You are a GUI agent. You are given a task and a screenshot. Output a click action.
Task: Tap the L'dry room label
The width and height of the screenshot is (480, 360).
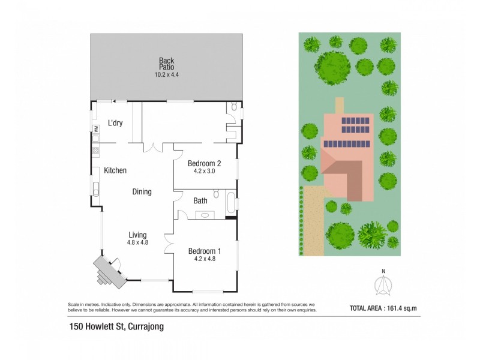115,123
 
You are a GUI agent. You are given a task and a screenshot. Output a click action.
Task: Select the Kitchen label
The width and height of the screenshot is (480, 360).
115,170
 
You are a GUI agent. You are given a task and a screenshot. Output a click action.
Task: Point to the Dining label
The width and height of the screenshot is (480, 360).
142,192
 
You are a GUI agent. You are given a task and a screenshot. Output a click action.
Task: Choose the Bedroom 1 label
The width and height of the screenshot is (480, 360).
205,251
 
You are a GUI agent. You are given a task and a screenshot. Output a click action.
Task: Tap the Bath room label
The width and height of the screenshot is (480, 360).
200,201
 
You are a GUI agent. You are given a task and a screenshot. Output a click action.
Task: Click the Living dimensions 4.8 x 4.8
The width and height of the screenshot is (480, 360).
137,242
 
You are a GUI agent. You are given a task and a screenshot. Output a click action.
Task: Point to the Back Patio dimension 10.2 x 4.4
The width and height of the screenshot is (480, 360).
166,75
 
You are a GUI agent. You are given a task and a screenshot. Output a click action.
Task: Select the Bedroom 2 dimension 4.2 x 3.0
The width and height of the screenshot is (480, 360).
205,171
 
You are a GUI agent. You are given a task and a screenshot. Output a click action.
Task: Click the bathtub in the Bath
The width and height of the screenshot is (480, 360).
230,203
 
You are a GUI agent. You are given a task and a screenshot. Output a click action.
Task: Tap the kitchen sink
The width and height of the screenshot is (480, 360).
95,189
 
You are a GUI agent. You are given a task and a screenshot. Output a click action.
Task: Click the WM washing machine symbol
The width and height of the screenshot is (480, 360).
95,128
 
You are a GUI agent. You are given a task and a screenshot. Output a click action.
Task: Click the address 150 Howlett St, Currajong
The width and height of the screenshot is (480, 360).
115,327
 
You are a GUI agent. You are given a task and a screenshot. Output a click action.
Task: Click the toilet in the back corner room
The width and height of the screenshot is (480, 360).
232,109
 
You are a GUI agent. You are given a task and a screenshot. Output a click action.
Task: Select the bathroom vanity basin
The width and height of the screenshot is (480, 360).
205,214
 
